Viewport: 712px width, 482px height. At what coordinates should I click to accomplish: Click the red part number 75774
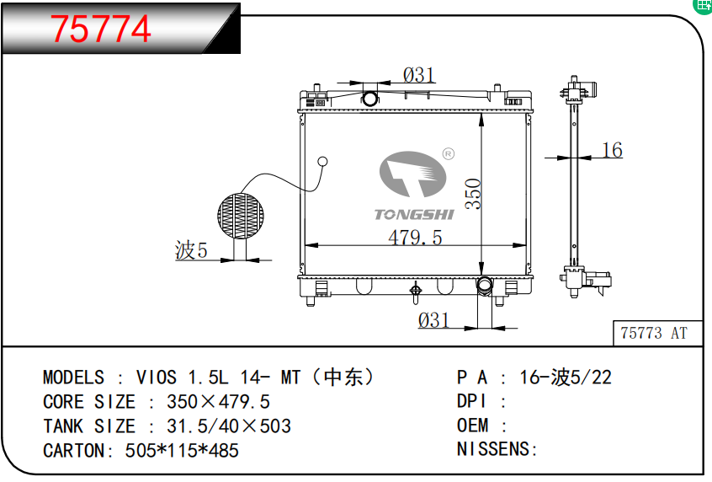click(x=102, y=29)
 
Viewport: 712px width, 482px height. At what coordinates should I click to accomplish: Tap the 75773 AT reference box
click(x=654, y=333)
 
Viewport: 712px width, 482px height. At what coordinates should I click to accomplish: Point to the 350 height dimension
click(x=473, y=193)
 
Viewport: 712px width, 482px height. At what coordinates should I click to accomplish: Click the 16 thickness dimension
click(x=612, y=151)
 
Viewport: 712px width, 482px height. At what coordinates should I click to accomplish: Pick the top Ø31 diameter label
click(x=418, y=75)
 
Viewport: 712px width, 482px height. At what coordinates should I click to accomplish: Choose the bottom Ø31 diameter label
click(x=433, y=320)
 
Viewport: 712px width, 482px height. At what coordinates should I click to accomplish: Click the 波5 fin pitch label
click(x=191, y=250)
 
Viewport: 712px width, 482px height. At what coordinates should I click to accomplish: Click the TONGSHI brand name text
click(x=414, y=214)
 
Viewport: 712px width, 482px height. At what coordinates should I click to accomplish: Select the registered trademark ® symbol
click(x=448, y=154)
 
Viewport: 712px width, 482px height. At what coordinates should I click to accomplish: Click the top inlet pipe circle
click(x=370, y=99)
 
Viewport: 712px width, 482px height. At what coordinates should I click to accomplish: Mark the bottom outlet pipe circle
click(x=485, y=286)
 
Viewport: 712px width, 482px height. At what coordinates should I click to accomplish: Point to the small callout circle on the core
click(x=322, y=162)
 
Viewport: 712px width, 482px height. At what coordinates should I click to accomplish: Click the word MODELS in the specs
click(x=74, y=378)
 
